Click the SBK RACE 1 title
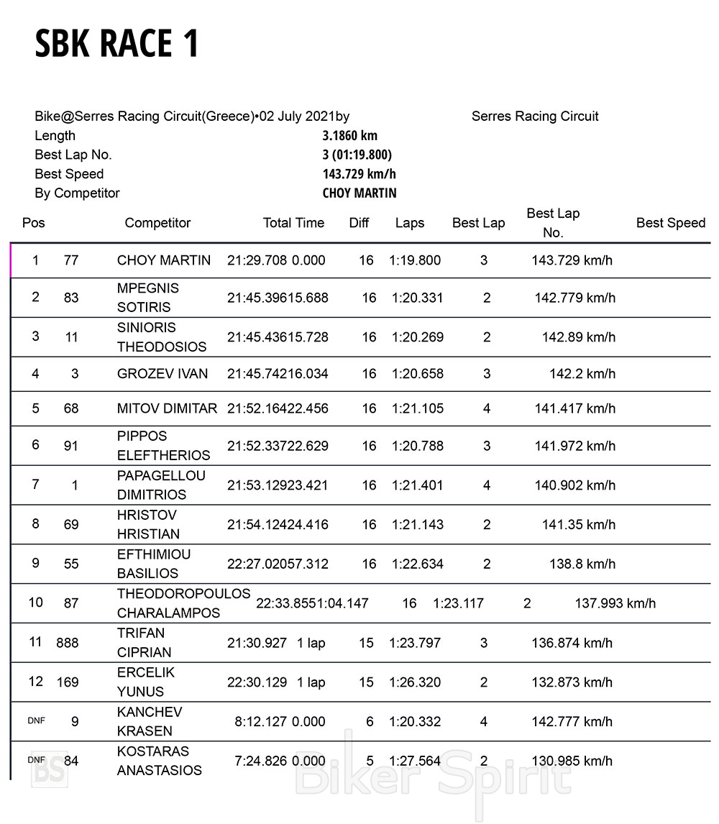tap(116, 44)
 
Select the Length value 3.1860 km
tap(349, 135)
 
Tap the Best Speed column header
tap(670, 223)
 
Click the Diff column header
tap(359, 223)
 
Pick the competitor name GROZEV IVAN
tap(162, 374)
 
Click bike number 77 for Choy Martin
tap(70, 260)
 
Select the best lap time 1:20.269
tap(417, 337)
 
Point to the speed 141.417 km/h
tap(574, 408)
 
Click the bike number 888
tap(68, 643)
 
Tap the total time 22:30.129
tap(257, 682)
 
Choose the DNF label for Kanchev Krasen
tap(36, 720)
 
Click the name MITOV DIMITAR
tap(167, 408)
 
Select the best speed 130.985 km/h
tap(572, 761)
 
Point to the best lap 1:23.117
tap(458, 603)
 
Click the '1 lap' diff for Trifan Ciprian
tap(311, 643)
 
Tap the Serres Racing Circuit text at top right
tap(535, 116)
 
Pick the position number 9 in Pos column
tap(35, 563)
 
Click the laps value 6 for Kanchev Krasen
tap(370, 721)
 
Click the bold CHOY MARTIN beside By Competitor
tap(359, 193)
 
